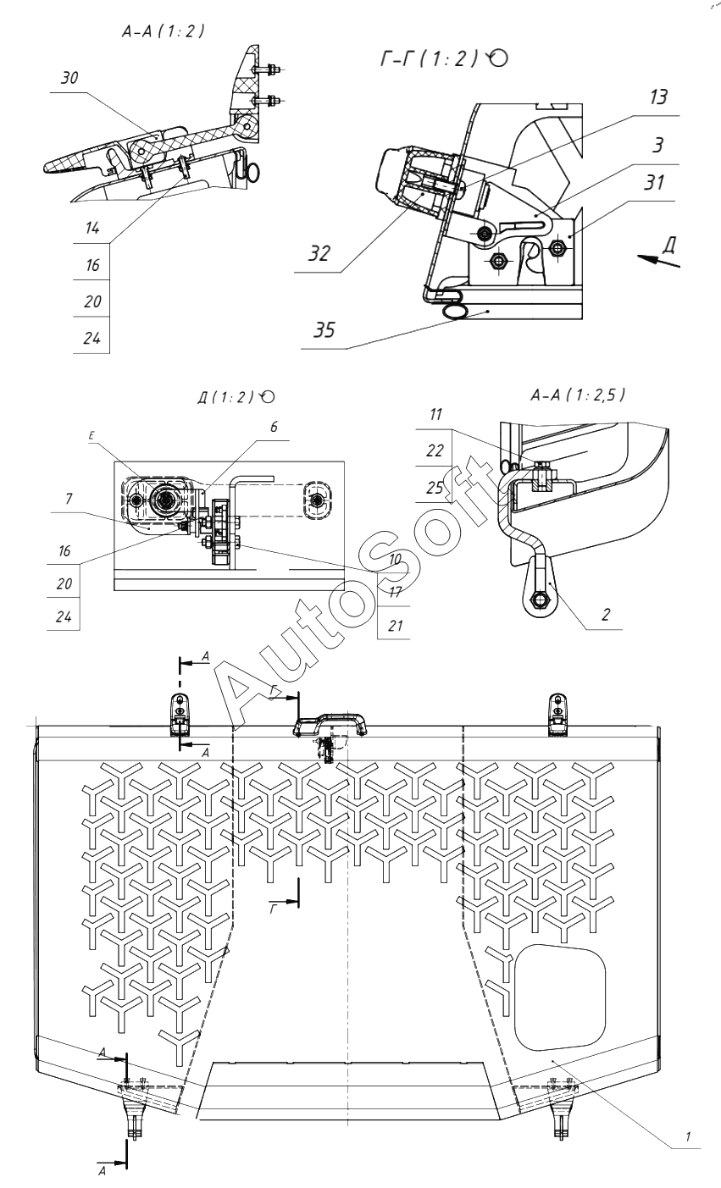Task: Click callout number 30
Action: click(x=69, y=78)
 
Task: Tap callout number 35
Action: click(x=324, y=330)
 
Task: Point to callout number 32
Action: click(x=319, y=253)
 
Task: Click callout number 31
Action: click(x=654, y=182)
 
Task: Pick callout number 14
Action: click(x=92, y=228)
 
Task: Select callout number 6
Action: click(x=274, y=427)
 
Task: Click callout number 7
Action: click(x=69, y=499)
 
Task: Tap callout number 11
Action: click(x=435, y=414)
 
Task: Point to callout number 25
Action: click(x=435, y=488)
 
